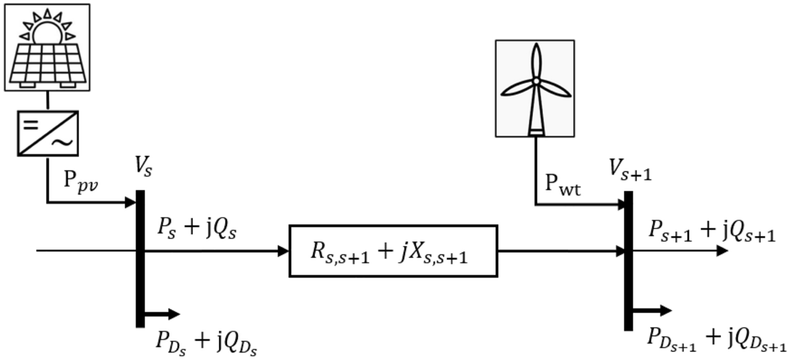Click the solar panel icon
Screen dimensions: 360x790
[x=46, y=47]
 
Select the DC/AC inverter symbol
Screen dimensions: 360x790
[x=46, y=132]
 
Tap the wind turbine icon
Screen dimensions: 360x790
[x=535, y=87]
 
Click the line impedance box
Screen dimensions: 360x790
[x=393, y=251]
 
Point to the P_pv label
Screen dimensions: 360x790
[x=81, y=184]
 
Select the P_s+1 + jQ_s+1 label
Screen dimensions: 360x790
[x=712, y=231]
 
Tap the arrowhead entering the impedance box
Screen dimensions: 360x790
[x=283, y=252]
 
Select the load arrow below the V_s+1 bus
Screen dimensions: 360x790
[x=652, y=310]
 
